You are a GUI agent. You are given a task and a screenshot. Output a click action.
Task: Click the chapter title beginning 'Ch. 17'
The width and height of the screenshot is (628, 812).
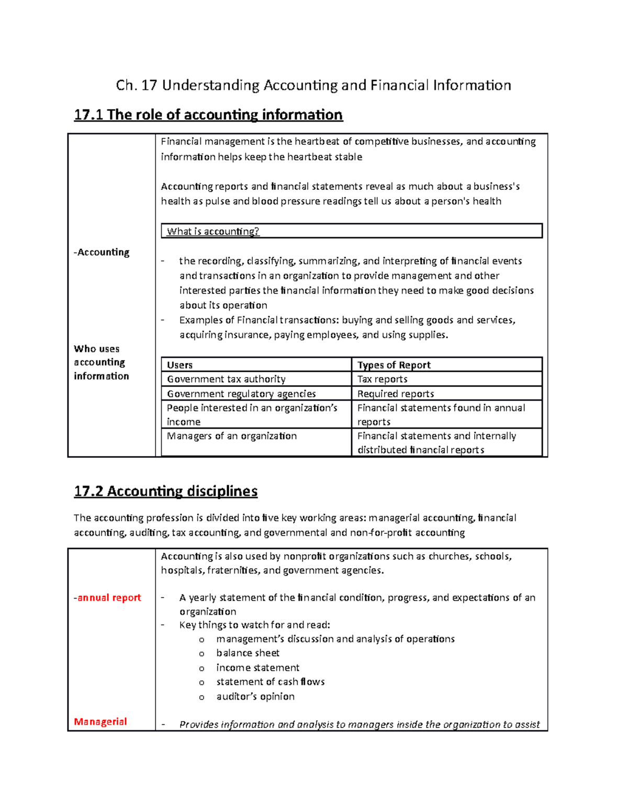(x=313, y=85)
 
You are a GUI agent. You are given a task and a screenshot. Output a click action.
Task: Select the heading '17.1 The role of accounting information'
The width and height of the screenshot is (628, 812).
(x=208, y=115)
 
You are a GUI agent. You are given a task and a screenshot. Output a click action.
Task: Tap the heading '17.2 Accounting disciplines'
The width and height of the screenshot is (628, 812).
(x=165, y=491)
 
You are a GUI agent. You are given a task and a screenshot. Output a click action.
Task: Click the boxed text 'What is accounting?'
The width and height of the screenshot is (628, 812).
(x=213, y=232)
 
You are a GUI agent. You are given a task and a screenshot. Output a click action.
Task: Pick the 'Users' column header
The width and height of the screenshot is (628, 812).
(x=180, y=365)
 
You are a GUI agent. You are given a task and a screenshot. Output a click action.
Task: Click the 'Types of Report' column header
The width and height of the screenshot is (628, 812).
(x=394, y=365)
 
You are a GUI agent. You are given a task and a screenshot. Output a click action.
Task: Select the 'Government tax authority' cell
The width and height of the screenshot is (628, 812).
(x=226, y=379)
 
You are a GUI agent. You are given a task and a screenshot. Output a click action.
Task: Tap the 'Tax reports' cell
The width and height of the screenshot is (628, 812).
(x=382, y=379)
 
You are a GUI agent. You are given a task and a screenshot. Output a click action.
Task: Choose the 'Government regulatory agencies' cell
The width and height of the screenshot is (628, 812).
(x=241, y=394)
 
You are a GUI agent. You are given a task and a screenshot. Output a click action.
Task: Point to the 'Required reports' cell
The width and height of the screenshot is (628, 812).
(x=395, y=394)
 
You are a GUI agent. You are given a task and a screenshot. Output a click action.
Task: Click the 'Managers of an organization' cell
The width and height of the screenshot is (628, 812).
(x=231, y=436)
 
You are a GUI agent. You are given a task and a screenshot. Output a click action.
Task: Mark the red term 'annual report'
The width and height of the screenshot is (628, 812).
(x=108, y=598)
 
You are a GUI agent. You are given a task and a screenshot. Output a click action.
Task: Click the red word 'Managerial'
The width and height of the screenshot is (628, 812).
(x=100, y=722)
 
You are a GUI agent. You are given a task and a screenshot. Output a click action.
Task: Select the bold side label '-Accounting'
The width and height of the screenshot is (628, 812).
(x=102, y=252)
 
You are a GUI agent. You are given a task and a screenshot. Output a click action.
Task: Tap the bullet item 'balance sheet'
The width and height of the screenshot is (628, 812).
(x=248, y=653)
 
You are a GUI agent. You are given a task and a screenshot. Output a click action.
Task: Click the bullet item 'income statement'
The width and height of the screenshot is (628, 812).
(x=257, y=668)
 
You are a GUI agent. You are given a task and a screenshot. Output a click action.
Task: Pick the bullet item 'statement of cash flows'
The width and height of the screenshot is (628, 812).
(x=270, y=682)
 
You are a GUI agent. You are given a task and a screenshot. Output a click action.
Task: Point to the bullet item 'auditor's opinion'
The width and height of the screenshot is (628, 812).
(x=255, y=696)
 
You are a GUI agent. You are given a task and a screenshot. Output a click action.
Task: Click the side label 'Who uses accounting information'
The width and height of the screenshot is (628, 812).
(x=101, y=362)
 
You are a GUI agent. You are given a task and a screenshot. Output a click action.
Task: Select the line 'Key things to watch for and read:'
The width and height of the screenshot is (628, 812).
(x=254, y=625)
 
